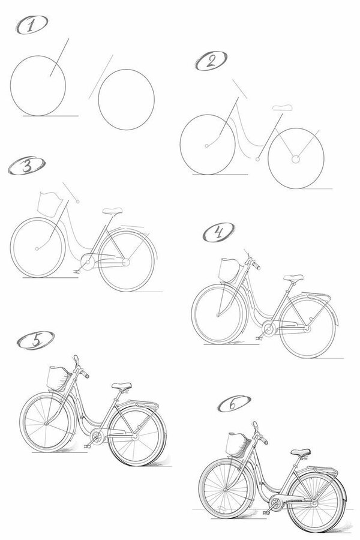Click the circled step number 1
(x=32, y=25)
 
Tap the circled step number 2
(x=211, y=61)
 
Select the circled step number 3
(x=27, y=166)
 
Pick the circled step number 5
(x=36, y=341)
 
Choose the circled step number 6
(x=234, y=404)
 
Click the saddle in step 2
(x=283, y=107)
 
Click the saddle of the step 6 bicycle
(x=301, y=452)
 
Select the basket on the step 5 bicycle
(x=59, y=379)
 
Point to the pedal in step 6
(x=266, y=513)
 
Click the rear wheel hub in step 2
(x=295, y=159)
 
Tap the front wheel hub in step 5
(x=47, y=422)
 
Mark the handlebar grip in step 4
(x=256, y=266)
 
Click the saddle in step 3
(x=112, y=211)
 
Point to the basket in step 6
(x=238, y=446)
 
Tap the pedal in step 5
(x=87, y=446)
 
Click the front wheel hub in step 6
(x=225, y=490)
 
